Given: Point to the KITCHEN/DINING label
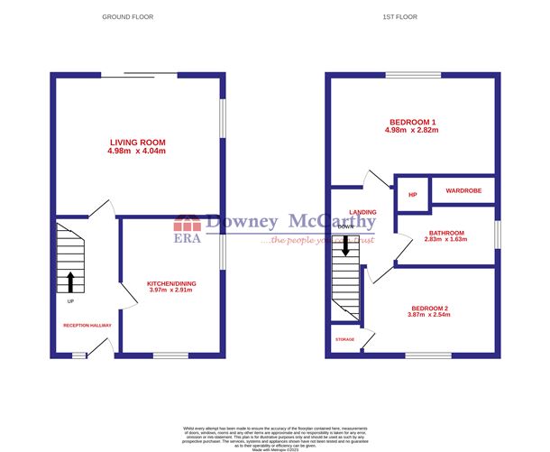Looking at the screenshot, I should pos(171,284).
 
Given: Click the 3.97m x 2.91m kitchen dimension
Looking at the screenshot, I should pos(171,291).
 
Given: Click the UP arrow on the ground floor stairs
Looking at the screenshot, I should pos(70,281).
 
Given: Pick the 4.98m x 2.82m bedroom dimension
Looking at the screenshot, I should pos(413,131).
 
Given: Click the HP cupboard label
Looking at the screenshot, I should pos(412,194).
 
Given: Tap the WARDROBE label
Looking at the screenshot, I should pos(463,190).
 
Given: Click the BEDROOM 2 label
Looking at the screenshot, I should pos(427,309).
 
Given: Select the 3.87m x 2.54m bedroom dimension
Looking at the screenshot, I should pos(427,318).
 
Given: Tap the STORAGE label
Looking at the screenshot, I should pos(345,340).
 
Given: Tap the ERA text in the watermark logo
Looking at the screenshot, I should pos(186,238).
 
